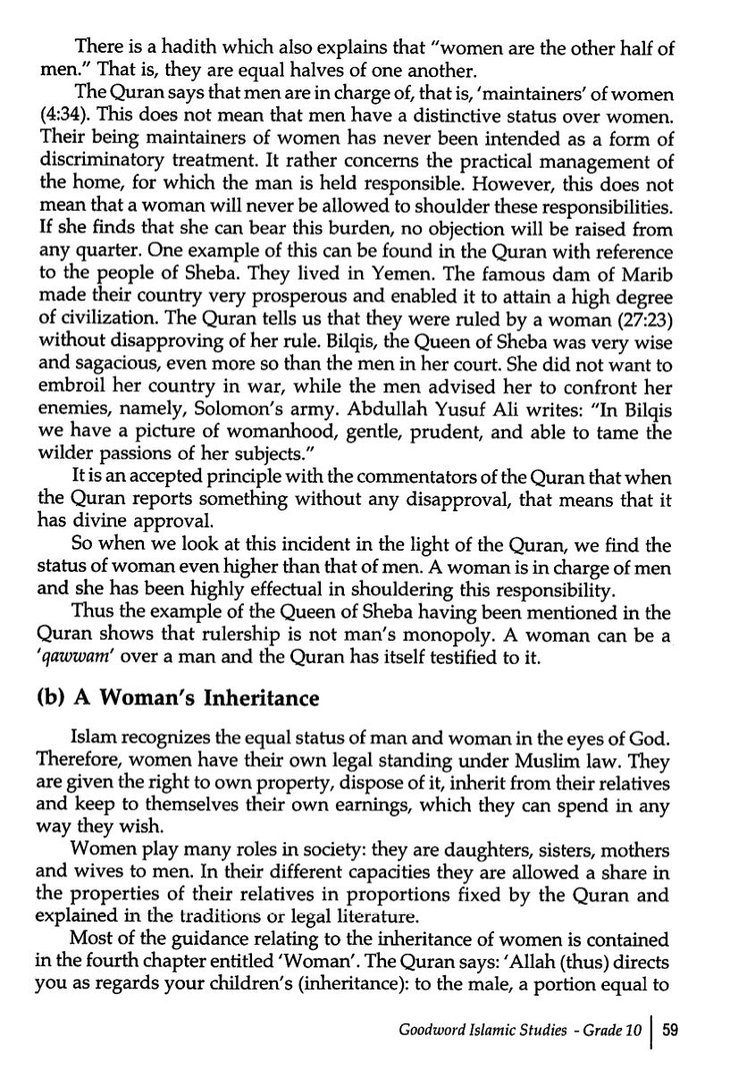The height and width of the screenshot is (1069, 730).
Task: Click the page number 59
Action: pos(671,1030)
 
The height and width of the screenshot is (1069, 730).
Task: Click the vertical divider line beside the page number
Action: pos(653,1030)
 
